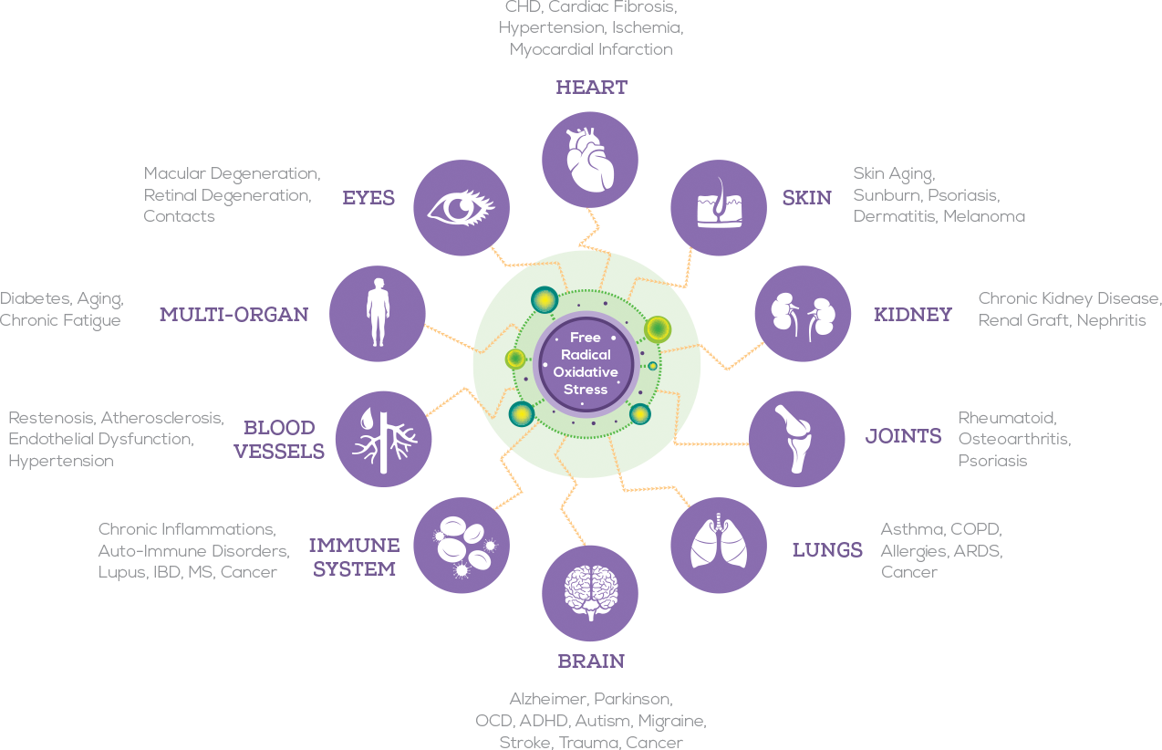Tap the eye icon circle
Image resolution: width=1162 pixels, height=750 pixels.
point(462,208)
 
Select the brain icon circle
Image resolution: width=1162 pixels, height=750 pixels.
point(590,592)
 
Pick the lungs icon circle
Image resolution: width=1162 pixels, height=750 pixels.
point(719,545)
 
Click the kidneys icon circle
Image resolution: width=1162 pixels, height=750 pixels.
point(803,313)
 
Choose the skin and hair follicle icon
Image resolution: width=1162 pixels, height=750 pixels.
point(719,208)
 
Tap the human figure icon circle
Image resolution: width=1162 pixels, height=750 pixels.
point(377,313)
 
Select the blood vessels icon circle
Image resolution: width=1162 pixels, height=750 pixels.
point(384,439)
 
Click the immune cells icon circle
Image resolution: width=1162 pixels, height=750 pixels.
point(462,545)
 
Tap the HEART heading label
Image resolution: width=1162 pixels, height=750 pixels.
point(591,88)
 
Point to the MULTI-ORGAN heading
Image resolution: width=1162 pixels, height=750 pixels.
point(233,315)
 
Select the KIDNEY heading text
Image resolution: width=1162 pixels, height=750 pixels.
point(912,315)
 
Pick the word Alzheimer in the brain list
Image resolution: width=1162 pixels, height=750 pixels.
point(547,699)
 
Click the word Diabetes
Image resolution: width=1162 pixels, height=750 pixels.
point(34,298)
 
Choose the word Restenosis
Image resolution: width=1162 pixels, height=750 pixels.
point(51,418)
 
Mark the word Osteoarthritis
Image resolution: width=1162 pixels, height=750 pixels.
point(1014,439)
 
